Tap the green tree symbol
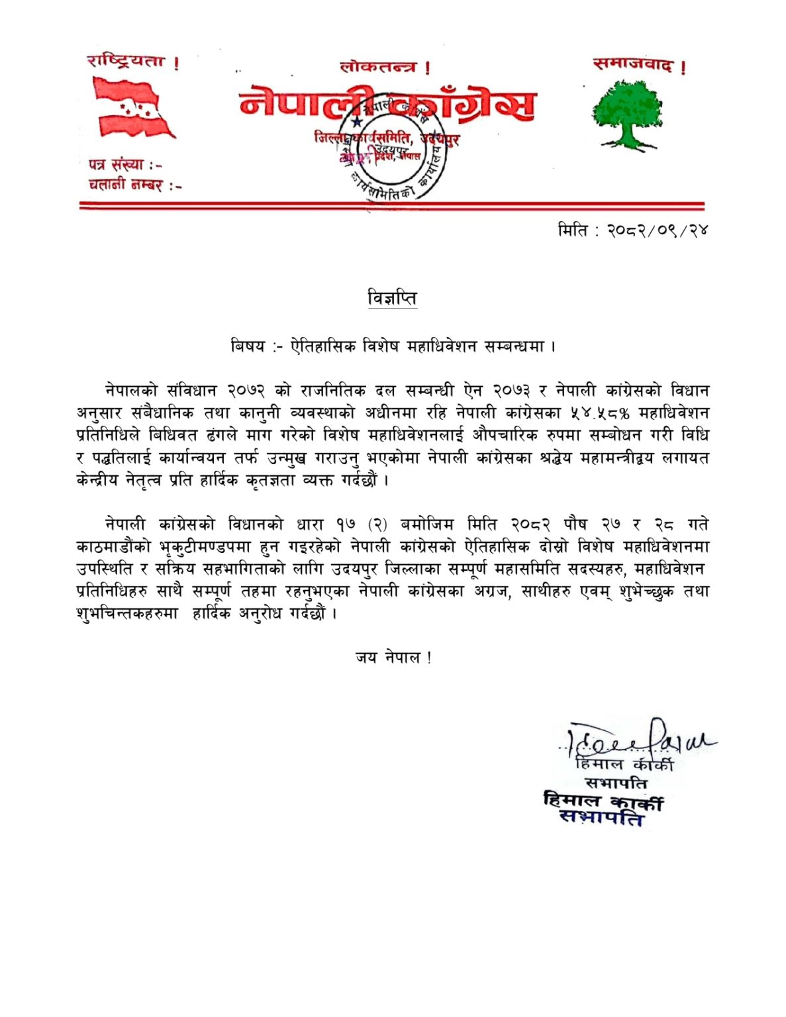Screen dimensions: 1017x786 click(626, 113)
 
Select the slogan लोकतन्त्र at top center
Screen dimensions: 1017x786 click(378, 67)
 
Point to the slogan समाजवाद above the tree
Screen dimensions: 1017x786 click(633, 65)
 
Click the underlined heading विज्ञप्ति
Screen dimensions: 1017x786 click(392, 299)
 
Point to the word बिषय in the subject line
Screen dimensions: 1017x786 click(248, 346)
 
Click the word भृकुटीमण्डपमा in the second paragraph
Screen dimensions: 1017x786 click(205, 547)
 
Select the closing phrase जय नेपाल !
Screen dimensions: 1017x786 click(393, 657)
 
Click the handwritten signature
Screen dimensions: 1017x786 click(636, 740)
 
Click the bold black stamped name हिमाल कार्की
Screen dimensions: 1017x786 click(603, 801)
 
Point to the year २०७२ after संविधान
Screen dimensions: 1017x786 click(246, 391)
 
